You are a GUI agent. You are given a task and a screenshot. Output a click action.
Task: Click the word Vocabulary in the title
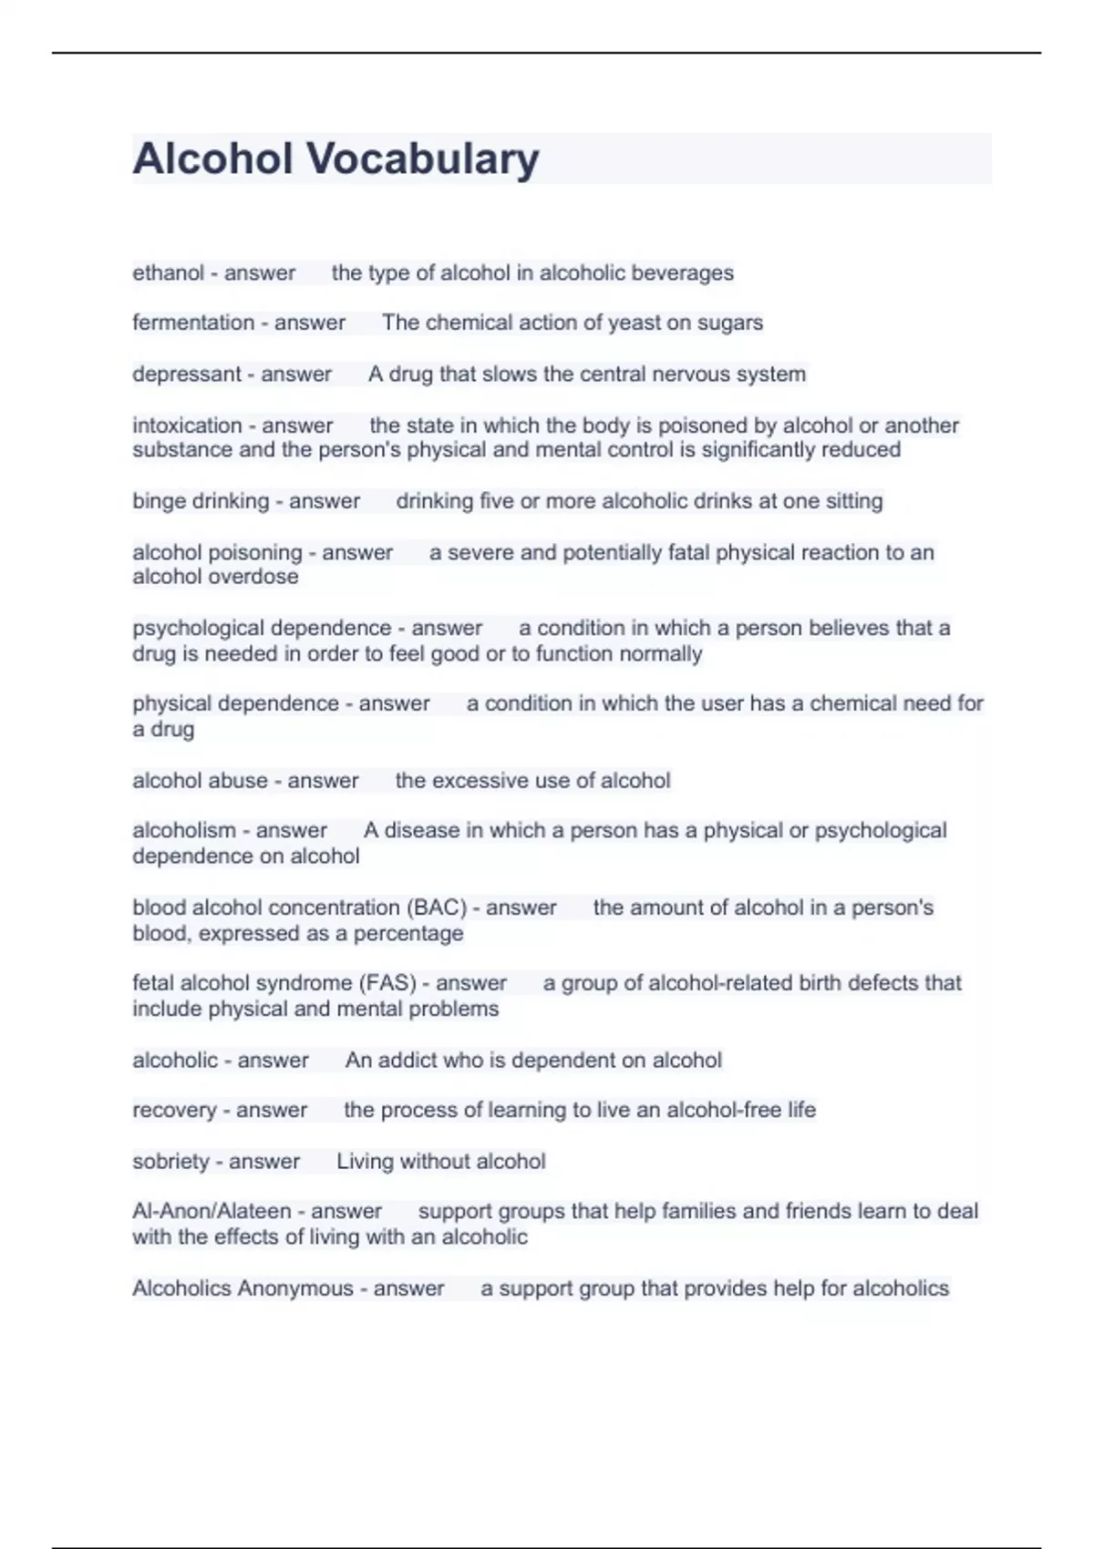coord(423,159)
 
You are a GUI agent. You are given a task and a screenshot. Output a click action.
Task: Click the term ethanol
coord(169,273)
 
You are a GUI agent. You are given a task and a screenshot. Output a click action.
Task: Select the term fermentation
coord(193,323)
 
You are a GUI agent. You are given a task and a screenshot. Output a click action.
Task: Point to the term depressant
coord(187,374)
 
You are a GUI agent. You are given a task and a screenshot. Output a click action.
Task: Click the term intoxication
coord(187,426)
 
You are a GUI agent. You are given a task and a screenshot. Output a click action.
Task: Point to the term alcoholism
coord(184,831)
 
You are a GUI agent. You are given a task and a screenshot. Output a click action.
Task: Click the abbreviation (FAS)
coord(387,983)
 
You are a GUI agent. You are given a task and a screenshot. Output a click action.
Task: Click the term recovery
coord(174,1111)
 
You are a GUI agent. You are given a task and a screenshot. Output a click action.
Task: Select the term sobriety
coord(170,1162)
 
